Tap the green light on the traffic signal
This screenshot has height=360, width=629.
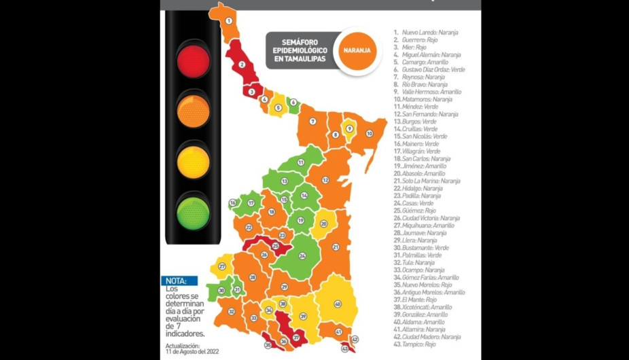[194, 211]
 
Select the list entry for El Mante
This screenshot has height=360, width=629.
[418, 300]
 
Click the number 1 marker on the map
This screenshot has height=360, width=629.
[228, 20]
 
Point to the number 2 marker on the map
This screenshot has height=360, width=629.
[241, 65]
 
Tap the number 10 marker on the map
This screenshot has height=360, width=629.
[370, 134]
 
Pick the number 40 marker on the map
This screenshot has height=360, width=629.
[337, 304]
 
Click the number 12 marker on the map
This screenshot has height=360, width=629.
[325, 180]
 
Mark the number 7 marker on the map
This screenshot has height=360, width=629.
[313, 122]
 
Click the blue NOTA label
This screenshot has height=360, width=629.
[181, 281]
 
